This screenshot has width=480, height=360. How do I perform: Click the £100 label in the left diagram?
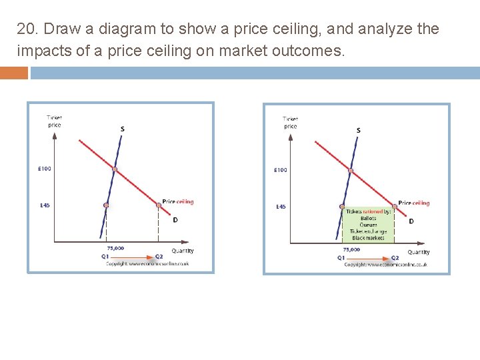[x=44, y=169]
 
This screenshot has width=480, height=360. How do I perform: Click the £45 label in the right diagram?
[x=281, y=207]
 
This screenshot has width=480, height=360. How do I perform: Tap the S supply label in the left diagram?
[x=123, y=129]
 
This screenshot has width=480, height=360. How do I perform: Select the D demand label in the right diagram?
[x=411, y=221]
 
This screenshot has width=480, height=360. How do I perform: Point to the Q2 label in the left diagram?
[x=159, y=257]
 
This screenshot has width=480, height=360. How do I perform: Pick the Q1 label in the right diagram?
[x=341, y=257]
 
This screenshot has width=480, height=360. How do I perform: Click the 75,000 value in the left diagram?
[x=115, y=248]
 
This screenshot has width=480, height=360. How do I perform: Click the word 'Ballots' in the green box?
[x=368, y=218]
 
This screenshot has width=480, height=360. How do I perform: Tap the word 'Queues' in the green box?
[x=368, y=225]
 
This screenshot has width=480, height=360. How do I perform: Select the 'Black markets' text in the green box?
[x=368, y=238]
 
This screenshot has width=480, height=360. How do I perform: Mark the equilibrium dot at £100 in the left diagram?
[x=114, y=169]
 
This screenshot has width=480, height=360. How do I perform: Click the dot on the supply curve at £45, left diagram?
[x=105, y=205]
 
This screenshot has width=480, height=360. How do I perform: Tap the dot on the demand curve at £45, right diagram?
[x=394, y=207]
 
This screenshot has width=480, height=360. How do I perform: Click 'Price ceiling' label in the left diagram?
[x=178, y=201]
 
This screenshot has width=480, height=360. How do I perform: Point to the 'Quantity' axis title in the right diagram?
[x=419, y=252]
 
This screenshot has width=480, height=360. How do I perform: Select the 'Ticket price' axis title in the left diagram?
[x=55, y=121]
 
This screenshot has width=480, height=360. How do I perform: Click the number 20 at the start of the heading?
[x=25, y=29]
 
